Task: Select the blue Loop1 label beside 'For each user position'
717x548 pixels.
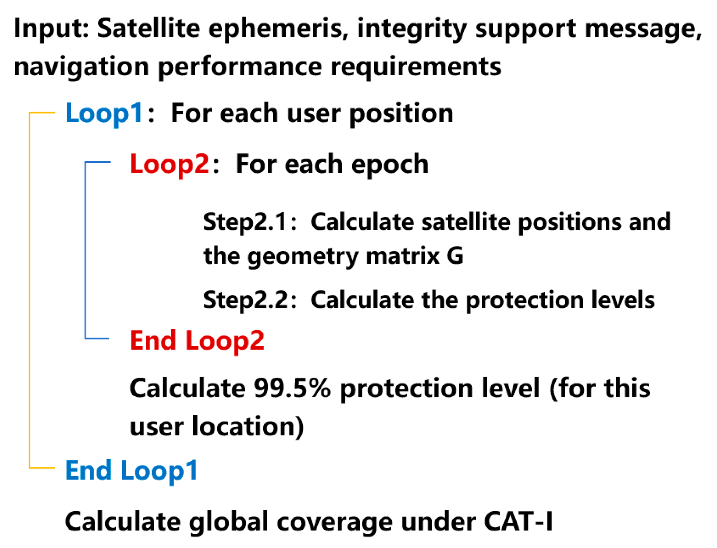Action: click(x=104, y=113)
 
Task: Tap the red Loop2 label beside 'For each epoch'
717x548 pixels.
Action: click(x=169, y=164)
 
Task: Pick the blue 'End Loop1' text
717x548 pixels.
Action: click(x=131, y=470)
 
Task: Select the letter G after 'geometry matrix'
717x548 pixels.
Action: click(x=455, y=256)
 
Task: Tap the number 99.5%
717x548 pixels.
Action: click(x=292, y=388)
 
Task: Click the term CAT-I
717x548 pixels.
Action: click(x=518, y=521)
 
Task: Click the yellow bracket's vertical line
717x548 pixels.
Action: click(x=30, y=290)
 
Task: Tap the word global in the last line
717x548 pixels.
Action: click(x=228, y=521)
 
